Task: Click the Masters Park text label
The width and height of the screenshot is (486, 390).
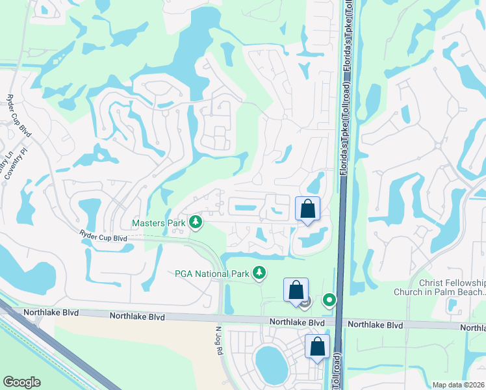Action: [159, 223]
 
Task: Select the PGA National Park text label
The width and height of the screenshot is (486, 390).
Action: [212, 274]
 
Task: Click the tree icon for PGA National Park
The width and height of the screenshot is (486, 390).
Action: [260, 273]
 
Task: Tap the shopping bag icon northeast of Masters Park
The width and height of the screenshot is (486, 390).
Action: [308, 209]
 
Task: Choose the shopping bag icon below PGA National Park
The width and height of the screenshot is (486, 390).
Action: [296, 291]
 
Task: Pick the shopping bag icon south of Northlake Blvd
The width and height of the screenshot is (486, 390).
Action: [318, 347]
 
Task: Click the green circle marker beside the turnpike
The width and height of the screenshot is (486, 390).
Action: [330, 300]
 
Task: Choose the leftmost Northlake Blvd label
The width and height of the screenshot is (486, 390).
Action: [51, 313]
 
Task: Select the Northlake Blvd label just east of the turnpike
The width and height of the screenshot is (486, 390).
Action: [375, 324]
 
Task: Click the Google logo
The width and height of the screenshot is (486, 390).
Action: [21, 382]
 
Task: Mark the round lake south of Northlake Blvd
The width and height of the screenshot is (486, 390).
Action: [271, 363]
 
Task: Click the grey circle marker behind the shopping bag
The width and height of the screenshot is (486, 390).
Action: [307, 302]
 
